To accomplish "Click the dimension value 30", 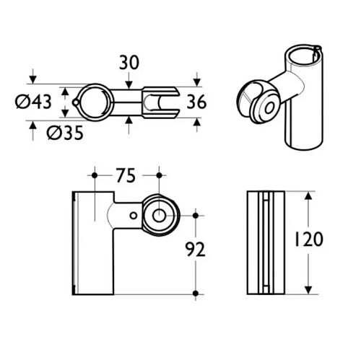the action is (129, 63).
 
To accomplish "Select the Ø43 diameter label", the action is (33, 102).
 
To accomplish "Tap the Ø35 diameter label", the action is (65, 133).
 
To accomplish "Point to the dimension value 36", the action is (196, 102).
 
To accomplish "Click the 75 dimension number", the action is (126, 175).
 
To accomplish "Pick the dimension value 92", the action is (195, 249).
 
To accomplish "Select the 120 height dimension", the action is (308, 240).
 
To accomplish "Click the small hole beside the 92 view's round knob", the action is (134, 216).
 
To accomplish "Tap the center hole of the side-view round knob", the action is (159, 216).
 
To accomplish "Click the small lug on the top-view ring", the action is (76, 102).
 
